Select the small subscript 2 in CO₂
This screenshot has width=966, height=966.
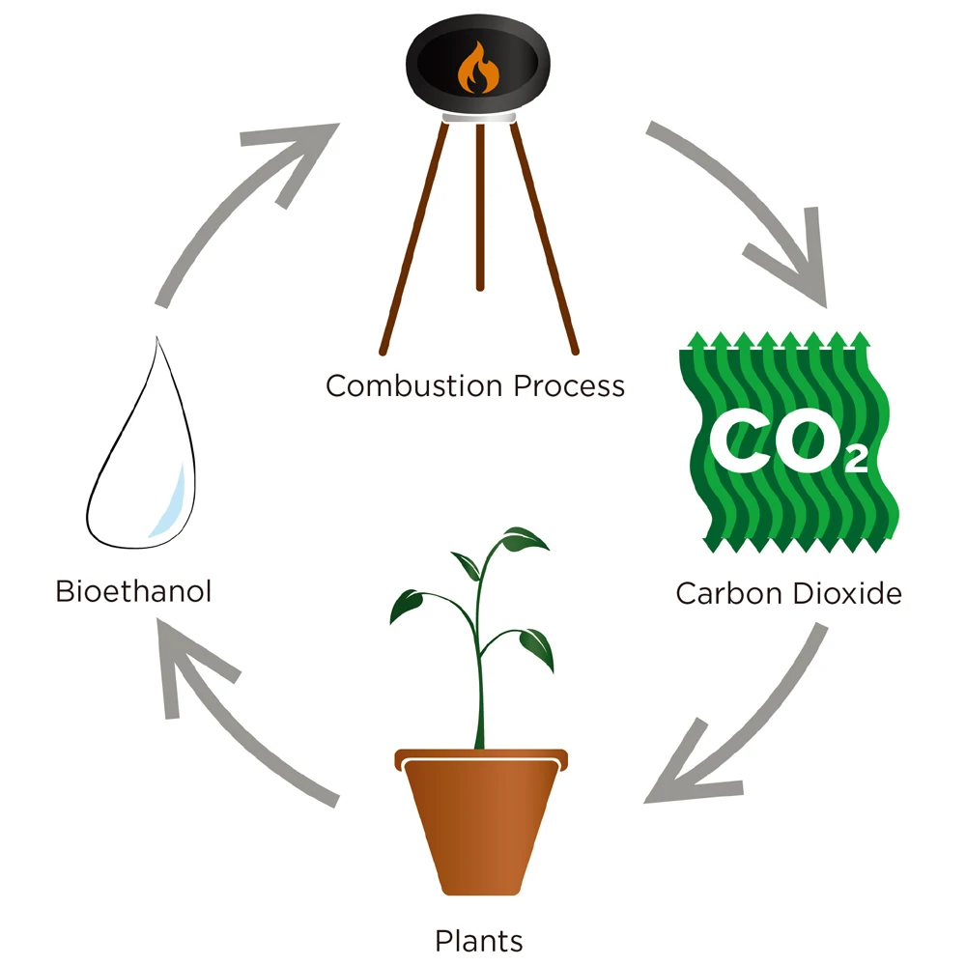click(x=855, y=461)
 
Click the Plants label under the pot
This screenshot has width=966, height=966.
click(x=479, y=940)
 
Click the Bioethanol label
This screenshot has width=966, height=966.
click(x=133, y=589)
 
